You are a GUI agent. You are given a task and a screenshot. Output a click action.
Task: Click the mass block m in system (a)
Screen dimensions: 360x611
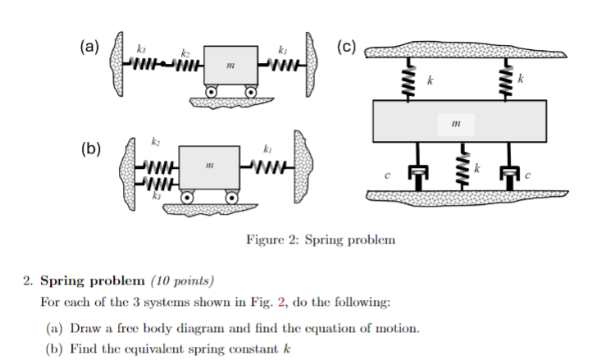coord(232,65)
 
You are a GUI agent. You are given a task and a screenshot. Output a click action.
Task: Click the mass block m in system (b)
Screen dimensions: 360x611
coord(210,167)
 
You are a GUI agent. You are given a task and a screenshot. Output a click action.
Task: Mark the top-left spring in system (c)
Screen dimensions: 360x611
coord(404,81)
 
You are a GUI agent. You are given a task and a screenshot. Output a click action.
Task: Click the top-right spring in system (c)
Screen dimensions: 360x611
coord(506,81)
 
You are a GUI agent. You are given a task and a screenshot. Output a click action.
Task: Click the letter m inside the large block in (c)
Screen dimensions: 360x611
coord(456,124)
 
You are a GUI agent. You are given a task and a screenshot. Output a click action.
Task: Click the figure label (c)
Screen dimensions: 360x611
coord(347,48)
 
